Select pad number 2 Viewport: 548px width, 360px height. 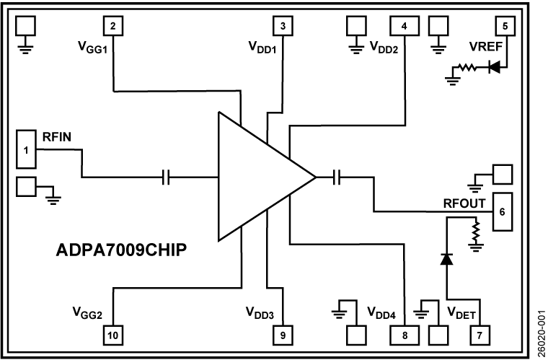pyautogui.click(x=113, y=26)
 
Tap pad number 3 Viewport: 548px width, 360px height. pyautogui.click(x=283, y=26)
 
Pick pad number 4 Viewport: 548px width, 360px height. pyautogui.click(x=404, y=26)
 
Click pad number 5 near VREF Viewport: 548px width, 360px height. pyautogui.click(x=505, y=26)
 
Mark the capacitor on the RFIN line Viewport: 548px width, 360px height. pyautogui.click(x=167, y=177)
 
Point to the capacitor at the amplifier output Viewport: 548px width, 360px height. pyautogui.click(x=337, y=177)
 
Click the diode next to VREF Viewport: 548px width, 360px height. pyautogui.click(x=495, y=68)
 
